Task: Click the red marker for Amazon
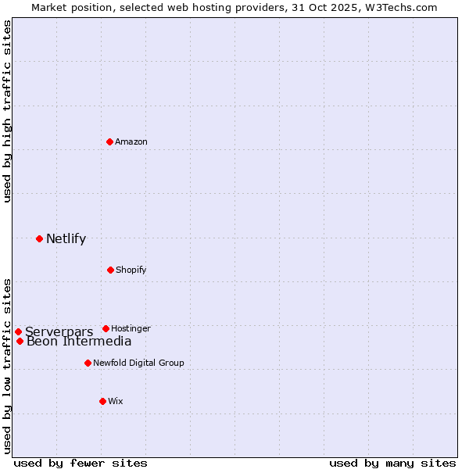110,141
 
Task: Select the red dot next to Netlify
39,238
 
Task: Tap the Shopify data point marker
110,270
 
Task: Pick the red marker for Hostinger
106,328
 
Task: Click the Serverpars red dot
18,332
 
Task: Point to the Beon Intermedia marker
20,341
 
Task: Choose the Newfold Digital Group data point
88,363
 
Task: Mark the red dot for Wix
102,401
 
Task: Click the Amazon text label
131,141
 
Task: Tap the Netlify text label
66,238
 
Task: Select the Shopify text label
131,270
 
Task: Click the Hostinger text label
131,328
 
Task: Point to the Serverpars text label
59,332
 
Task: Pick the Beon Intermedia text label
79,341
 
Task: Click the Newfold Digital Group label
138,363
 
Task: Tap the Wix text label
116,401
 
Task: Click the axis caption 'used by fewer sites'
81,463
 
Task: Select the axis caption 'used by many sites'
392,463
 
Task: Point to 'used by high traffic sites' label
7,111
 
